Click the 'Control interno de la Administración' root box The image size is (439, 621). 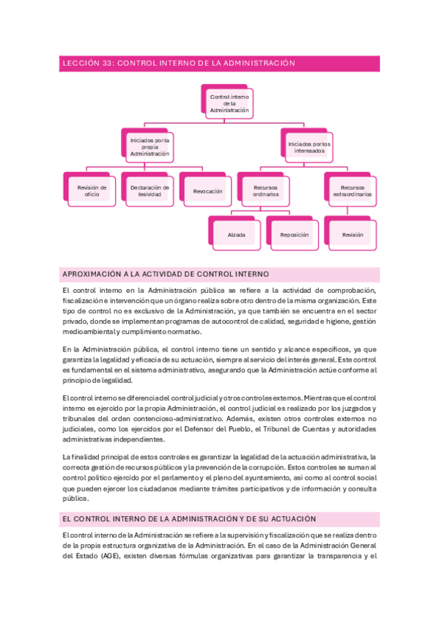point(229,103)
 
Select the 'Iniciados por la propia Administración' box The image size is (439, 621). point(150,146)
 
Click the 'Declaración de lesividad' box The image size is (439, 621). point(150,191)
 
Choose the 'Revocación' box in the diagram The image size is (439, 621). point(207,191)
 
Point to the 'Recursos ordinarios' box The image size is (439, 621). point(265,191)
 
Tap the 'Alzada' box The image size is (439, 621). point(236,235)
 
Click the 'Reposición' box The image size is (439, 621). point(294,235)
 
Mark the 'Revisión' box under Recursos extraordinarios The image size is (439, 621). point(353,235)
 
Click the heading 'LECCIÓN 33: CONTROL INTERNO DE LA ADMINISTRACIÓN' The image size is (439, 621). point(180,64)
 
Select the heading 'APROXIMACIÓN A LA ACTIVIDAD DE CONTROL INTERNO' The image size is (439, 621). point(166,274)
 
